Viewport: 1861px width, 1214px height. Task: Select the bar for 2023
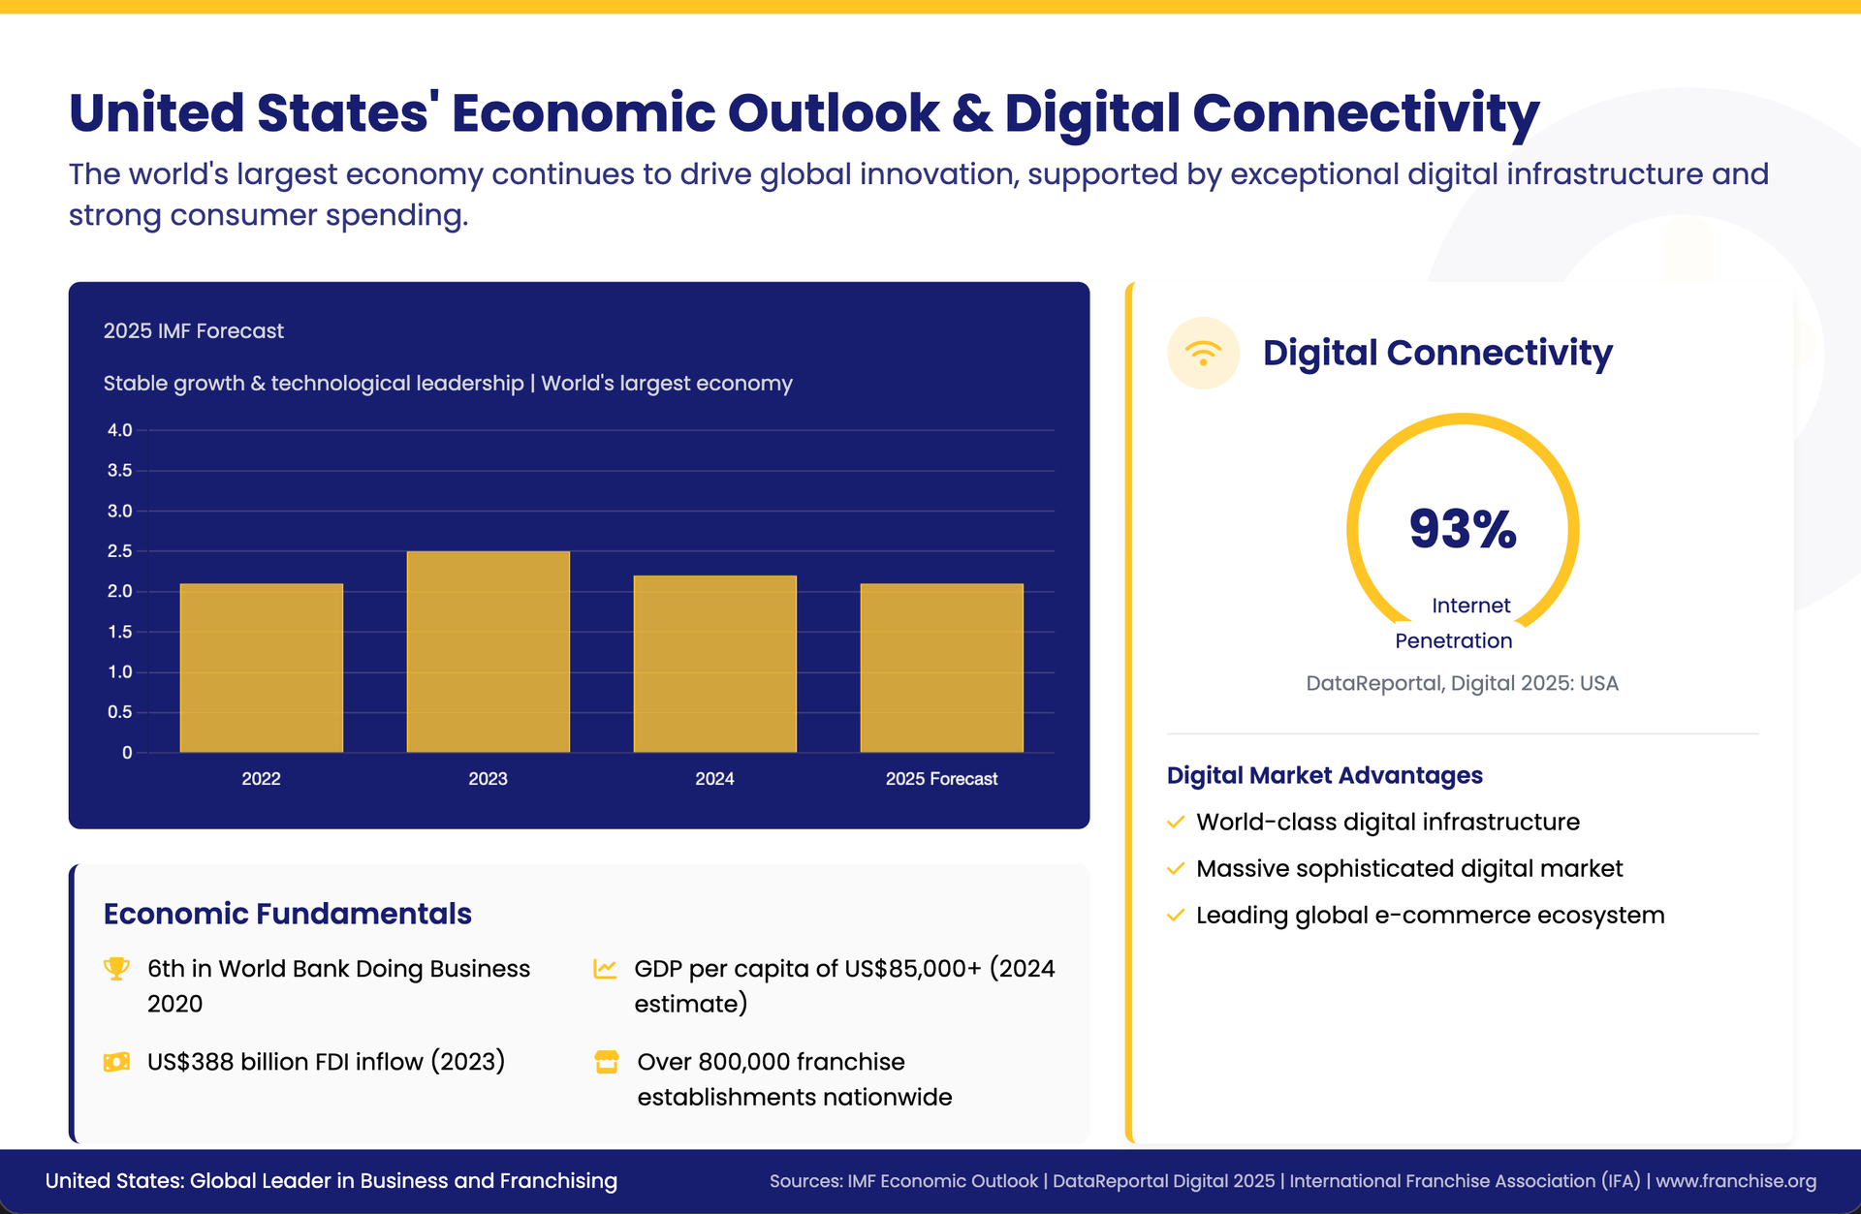coord(488,651)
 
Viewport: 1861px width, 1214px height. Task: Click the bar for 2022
coord(262,668)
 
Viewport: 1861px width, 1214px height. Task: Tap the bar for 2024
coord(714,664)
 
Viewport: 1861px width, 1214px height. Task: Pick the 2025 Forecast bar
coord(941,668)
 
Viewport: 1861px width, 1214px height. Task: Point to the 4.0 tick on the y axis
coord(119,430)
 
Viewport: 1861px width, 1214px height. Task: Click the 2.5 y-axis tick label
coord(119,551)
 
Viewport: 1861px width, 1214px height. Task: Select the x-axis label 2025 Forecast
coord(941,779)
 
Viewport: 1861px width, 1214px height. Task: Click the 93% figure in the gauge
coord(1463,530)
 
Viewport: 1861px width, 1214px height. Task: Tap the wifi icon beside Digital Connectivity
coord(1203,353)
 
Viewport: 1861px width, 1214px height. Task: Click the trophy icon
coord(116,968)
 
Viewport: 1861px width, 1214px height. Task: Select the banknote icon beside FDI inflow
coord(116,1062)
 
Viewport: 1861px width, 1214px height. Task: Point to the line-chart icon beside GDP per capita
coord(605,968)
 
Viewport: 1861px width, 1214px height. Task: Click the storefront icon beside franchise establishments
coord(607,1062)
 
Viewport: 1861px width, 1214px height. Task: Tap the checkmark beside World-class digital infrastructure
coord(1176,823)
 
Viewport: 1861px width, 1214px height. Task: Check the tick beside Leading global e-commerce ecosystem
coord(1176,916)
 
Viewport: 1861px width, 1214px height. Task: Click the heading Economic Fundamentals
coord(287,914)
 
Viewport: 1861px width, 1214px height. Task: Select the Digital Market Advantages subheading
coord(1324,775)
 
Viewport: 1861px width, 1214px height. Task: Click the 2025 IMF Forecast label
coord(194,331)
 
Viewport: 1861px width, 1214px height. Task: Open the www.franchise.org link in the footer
coord(1735,1181)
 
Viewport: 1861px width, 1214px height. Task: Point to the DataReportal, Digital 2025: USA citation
coord(1462,683)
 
